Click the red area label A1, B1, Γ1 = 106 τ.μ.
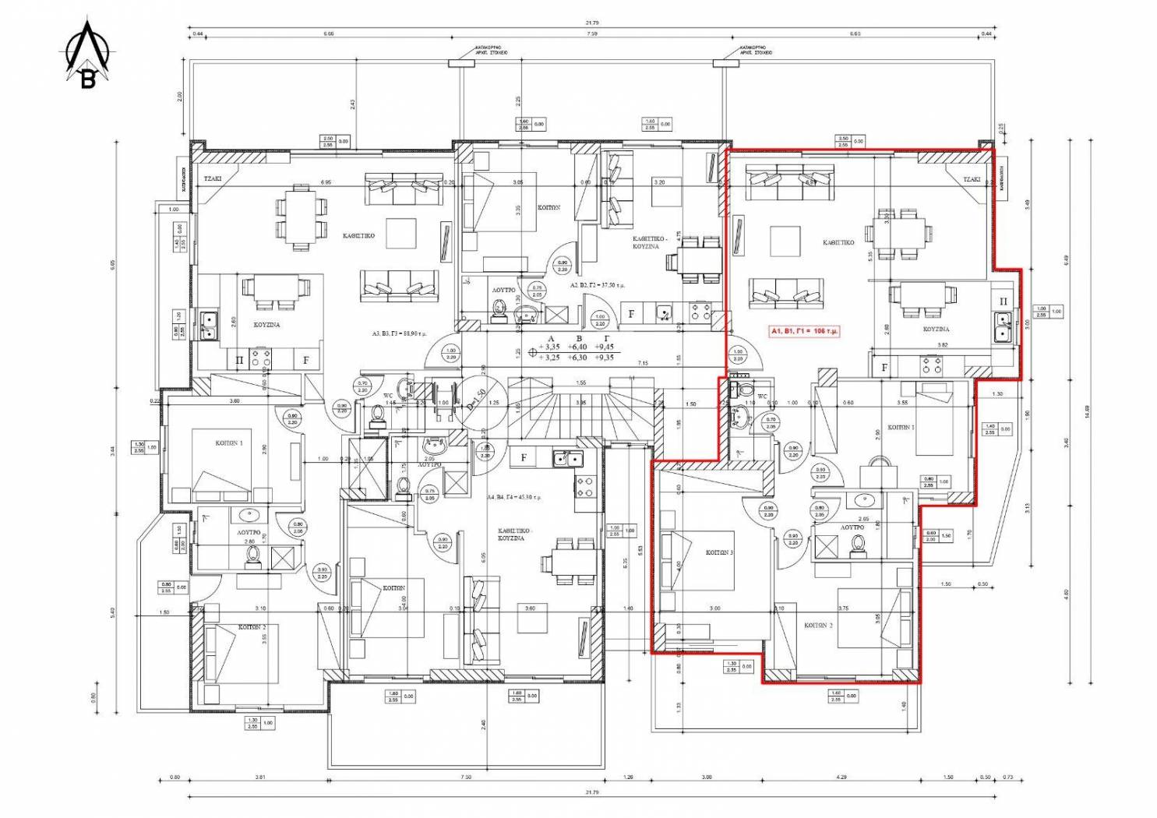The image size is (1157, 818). tap(804, 331)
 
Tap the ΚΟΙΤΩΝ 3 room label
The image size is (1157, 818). tap(719, 552)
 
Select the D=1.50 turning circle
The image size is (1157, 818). tap(476, 403)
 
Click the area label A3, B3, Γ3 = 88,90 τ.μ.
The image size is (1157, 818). tap(400, 333)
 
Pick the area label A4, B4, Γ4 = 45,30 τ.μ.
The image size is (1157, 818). tap(514, 497)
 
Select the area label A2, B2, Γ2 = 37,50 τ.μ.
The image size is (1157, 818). tap(598, 285)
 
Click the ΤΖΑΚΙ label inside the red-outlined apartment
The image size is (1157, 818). tap(971, 179)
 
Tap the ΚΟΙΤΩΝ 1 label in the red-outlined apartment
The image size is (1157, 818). tap(901, 427)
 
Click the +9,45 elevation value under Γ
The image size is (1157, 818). tap(604, 347)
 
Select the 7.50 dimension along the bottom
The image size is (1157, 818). tap(466, 777)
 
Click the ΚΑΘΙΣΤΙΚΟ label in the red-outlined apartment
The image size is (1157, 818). tap(838, 243)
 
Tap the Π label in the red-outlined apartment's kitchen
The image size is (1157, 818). tap(1003, 301)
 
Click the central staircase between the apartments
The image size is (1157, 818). tap(580, 409)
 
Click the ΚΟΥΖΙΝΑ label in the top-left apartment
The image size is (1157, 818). tap(266, 325)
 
